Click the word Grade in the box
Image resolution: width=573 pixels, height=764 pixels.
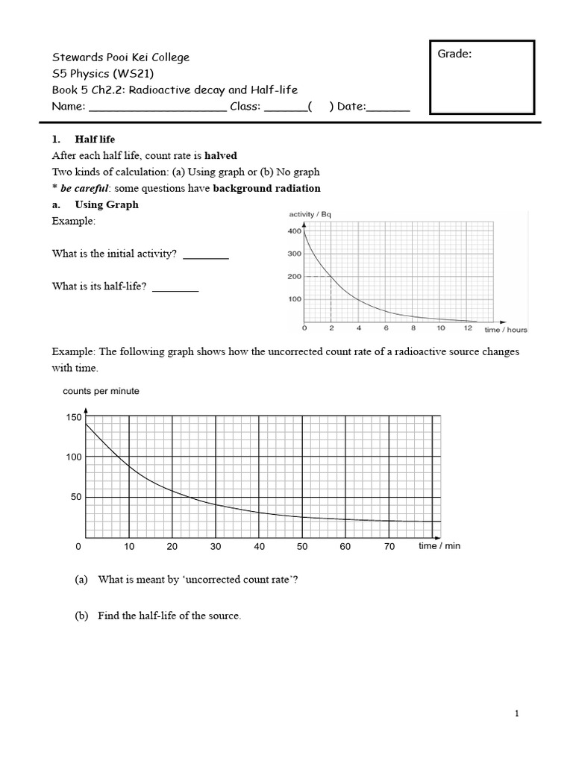(x=454, y=54)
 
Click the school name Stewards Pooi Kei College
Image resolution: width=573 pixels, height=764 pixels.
(x=120, y=57)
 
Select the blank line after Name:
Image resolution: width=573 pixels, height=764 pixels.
(x=157, y=107)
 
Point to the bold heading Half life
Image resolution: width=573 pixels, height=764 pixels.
(x=95, y=140)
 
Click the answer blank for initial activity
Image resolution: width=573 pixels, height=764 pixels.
(x=206, y=255)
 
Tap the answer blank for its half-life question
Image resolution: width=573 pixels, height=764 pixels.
(x=175, y=287)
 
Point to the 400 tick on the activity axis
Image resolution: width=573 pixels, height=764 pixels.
(x=293, y=231)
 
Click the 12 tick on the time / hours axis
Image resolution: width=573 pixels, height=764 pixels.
(x=467, y=328)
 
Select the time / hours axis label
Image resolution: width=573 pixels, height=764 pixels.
(x=505, y=329)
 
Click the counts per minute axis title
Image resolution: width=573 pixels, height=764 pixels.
(x=101, y=391)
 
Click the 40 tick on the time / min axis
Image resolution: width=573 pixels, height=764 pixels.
(x=259, y=547)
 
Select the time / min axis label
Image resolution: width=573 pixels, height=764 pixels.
(x=439, y=546)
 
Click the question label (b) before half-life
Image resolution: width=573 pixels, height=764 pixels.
(x=81, y=616)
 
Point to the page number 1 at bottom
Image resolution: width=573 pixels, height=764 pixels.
(x=516, y=714)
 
